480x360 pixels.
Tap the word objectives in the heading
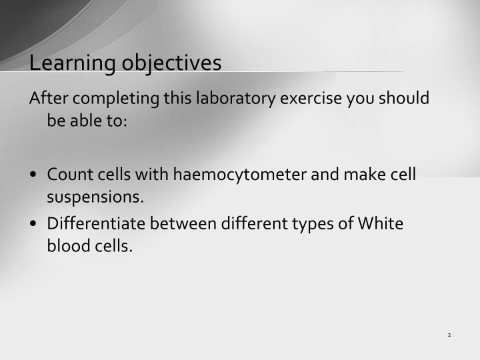171,63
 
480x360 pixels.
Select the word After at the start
49,99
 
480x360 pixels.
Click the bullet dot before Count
33,175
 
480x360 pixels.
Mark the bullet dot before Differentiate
33,224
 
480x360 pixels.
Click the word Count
69,175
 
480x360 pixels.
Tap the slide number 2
450,335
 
